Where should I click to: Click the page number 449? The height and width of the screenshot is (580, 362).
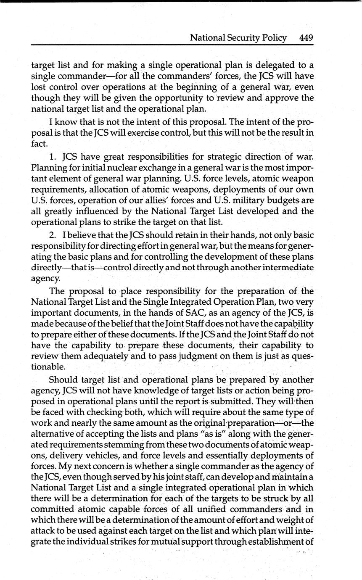pos(306,38)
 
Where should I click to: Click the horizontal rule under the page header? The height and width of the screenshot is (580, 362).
pos(172,45)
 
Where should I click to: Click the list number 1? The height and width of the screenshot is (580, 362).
pos(53,157)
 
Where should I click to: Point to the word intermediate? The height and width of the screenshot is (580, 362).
pos(287,267)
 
